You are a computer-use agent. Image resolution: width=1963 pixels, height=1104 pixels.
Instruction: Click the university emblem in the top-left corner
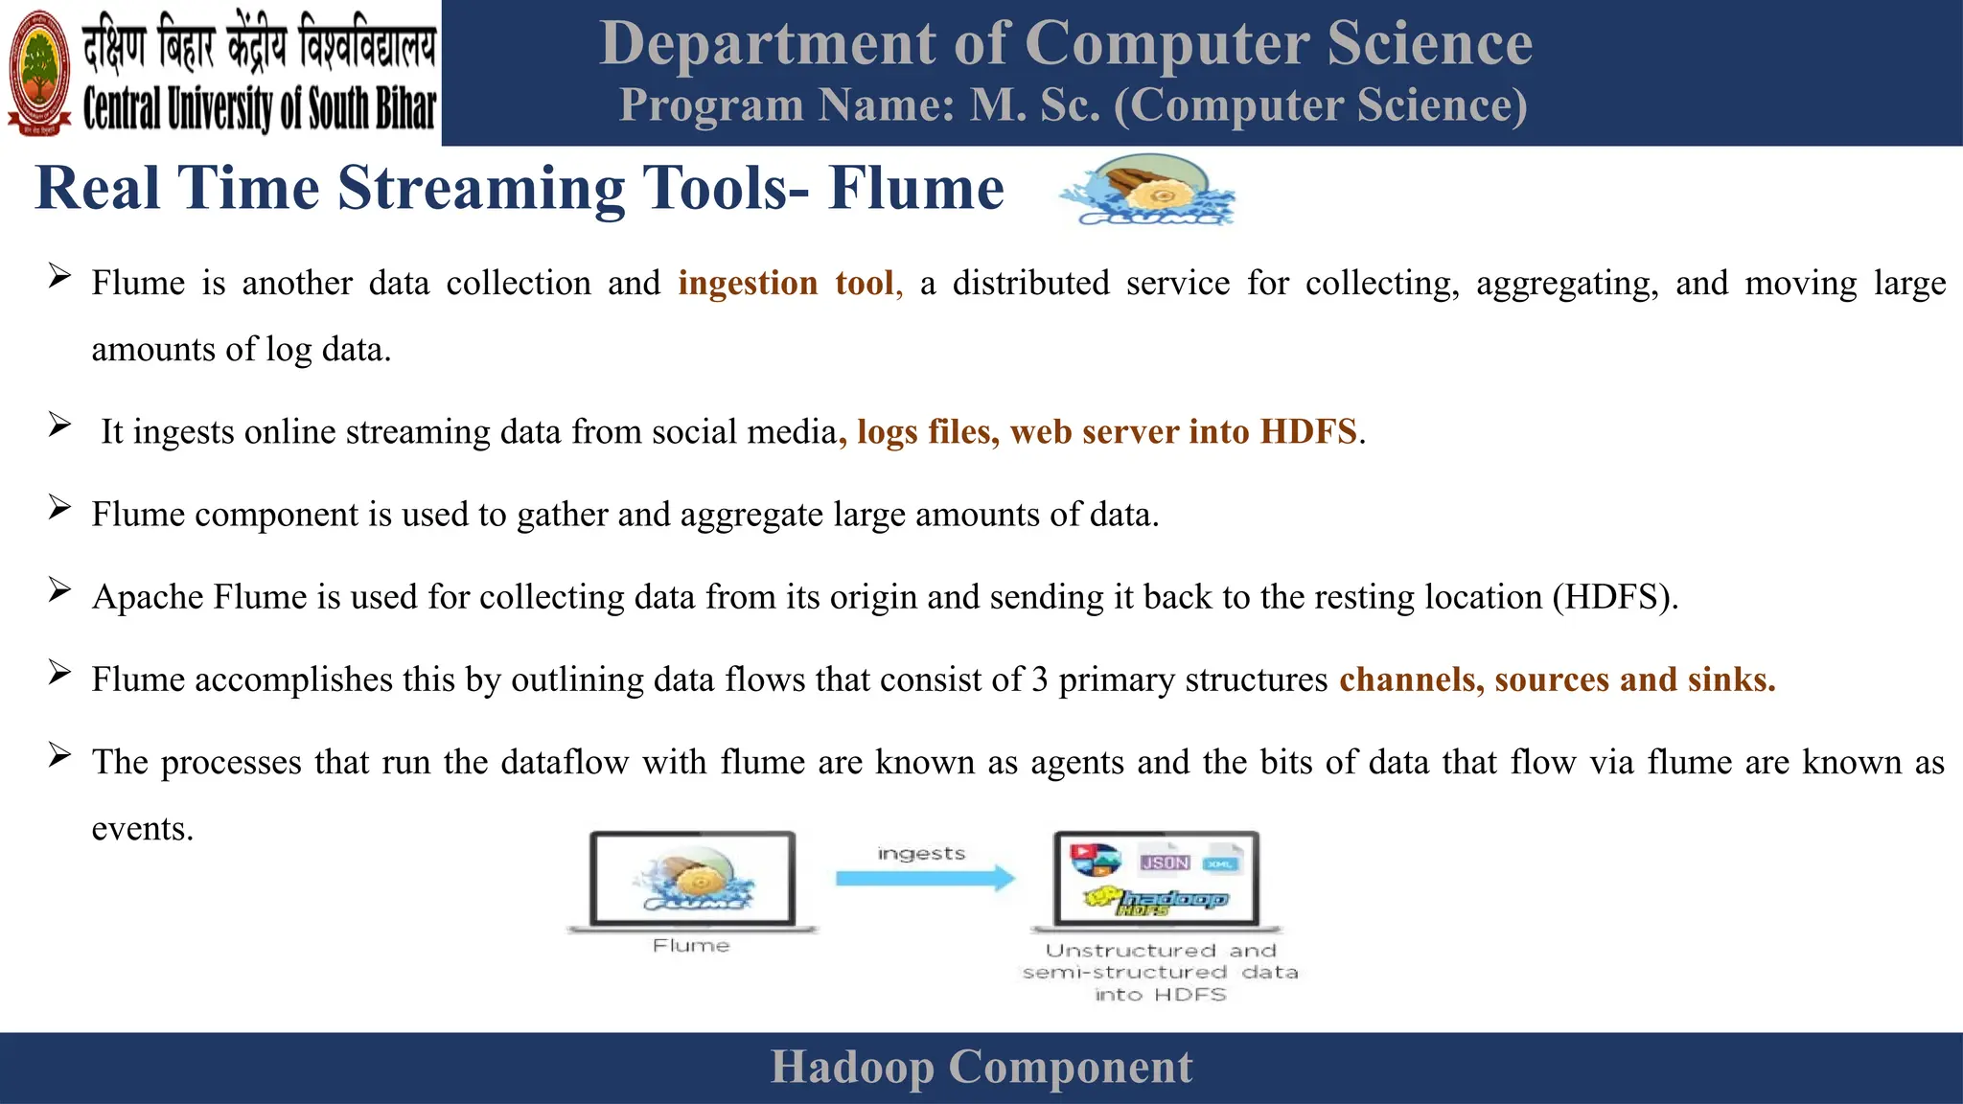coord(39,72)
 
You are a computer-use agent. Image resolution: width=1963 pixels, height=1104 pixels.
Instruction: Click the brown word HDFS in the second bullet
coord(1308,432)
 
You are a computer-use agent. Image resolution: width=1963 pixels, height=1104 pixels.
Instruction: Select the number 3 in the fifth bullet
coord(1040,679)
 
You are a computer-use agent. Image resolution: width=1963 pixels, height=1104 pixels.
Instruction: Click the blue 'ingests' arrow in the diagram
coord(924,878)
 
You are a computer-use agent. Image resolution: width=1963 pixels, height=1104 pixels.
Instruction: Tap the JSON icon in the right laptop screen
coord(1165,862)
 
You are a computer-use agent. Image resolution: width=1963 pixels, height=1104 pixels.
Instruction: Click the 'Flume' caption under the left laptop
coord(691,946)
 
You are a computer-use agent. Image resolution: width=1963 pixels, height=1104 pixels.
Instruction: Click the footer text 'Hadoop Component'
coord(981,1068)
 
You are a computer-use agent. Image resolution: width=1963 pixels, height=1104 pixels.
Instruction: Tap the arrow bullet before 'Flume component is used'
coord(60,509)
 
